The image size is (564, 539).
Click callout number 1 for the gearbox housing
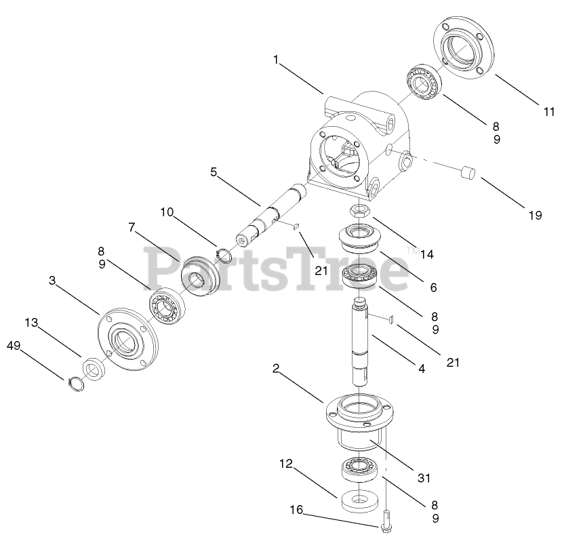click(276, 60)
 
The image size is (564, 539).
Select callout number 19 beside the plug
click(535, 216)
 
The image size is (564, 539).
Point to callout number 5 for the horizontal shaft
click(214, 172)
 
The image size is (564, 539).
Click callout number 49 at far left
click(14, 346)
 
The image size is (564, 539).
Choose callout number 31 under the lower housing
click(424, 477)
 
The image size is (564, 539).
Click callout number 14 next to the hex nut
click(426, 254)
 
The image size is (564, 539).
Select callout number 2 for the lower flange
click(276, 368)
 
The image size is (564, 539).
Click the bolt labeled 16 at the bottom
click(386, 522)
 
